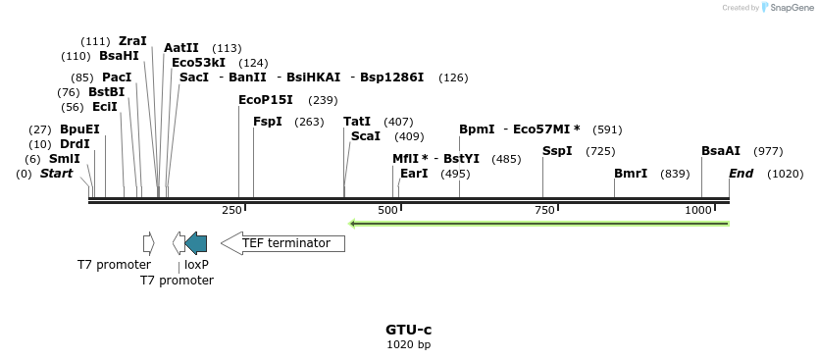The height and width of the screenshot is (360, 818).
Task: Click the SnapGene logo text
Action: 790,8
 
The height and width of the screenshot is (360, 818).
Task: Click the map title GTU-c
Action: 409,330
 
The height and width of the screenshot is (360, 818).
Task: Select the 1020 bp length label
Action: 409,344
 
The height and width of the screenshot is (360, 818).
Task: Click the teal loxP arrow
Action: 196,242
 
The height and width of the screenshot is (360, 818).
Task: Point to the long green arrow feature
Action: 539,224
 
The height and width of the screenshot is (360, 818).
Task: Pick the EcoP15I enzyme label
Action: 266,100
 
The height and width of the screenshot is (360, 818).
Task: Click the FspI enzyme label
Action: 268,122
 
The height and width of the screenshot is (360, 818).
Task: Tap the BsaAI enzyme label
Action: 721,151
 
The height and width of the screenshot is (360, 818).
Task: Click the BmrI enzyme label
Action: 631,174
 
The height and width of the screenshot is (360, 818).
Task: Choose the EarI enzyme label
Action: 415,174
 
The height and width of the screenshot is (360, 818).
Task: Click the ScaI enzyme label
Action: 366,136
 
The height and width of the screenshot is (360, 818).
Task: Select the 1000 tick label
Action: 699,210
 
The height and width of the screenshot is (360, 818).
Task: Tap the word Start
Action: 56,174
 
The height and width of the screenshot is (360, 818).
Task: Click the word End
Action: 741,174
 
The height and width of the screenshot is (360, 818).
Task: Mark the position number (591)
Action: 608,129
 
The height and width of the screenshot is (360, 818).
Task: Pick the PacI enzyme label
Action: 117,77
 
